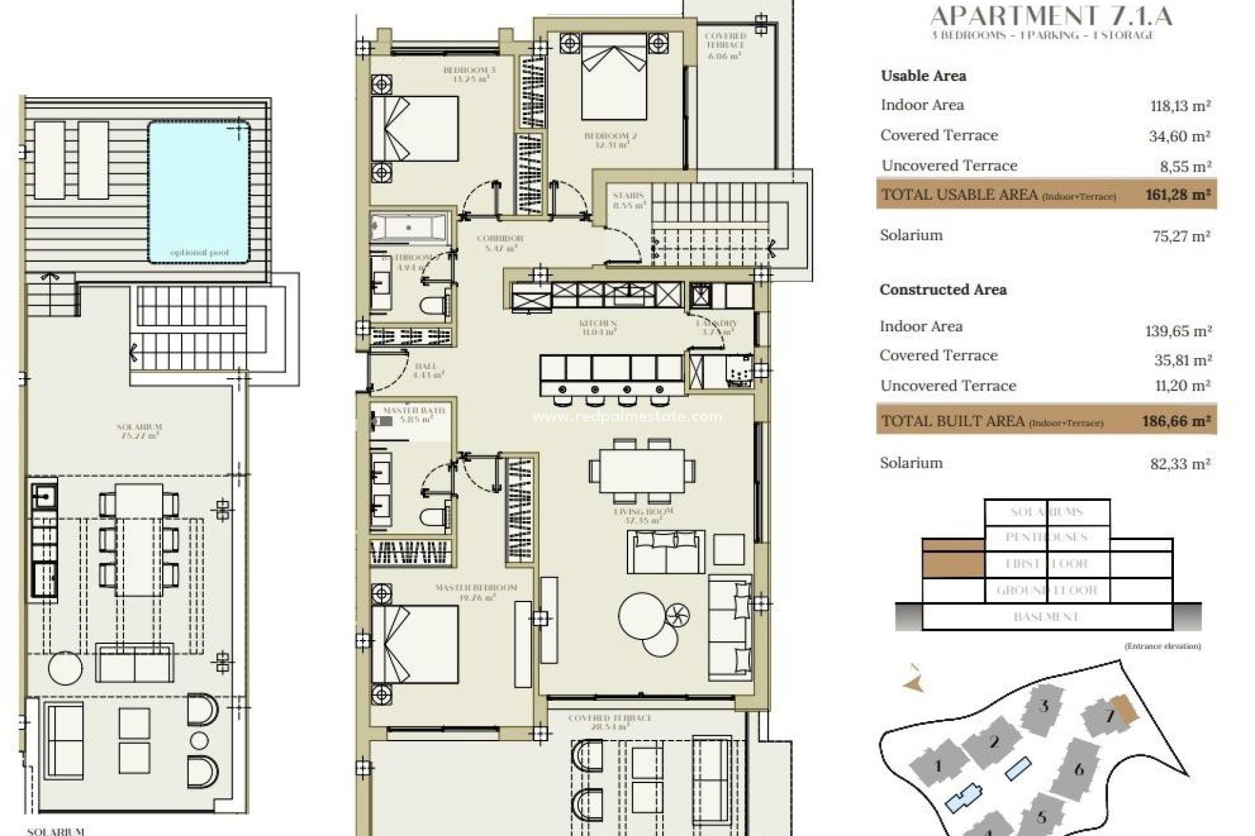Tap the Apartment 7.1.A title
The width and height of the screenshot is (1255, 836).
(1051, 16)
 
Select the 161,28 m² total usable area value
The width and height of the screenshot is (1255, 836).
(1177, 194)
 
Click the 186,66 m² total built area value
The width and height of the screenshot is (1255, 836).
(1176, 421)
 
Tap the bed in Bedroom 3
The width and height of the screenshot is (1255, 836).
(415, 128)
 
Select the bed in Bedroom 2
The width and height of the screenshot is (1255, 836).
(614, 77)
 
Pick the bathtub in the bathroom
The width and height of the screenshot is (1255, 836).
(409, 228)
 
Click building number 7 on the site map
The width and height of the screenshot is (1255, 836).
(1109, 716)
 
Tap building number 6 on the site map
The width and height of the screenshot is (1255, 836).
(1079, 769)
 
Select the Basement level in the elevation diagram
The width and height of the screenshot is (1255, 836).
(1046, 617)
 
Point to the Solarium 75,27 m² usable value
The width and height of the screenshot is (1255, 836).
(1181, 236)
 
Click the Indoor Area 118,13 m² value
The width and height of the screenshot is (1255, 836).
(1180, 106)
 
